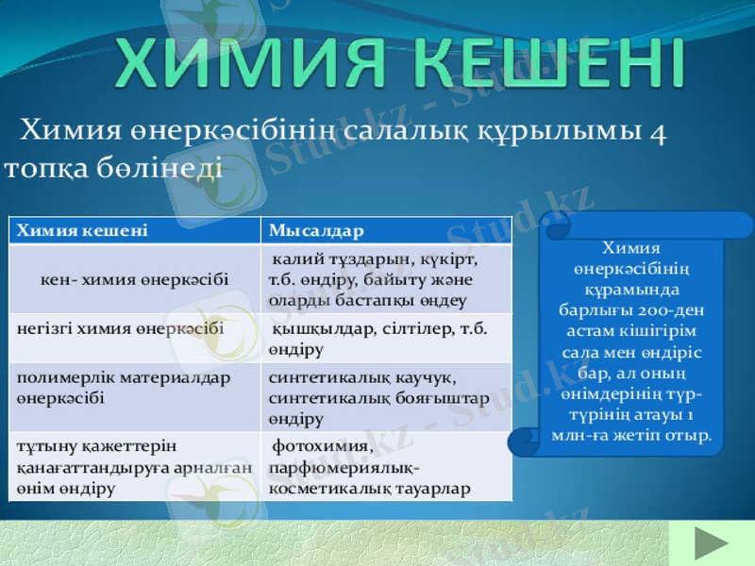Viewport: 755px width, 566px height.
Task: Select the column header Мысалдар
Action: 316,230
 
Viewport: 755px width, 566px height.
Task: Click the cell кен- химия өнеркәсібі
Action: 134,280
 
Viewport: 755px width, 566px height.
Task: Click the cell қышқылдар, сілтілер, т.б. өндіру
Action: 377,339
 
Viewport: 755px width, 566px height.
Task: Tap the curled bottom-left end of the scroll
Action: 525,441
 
